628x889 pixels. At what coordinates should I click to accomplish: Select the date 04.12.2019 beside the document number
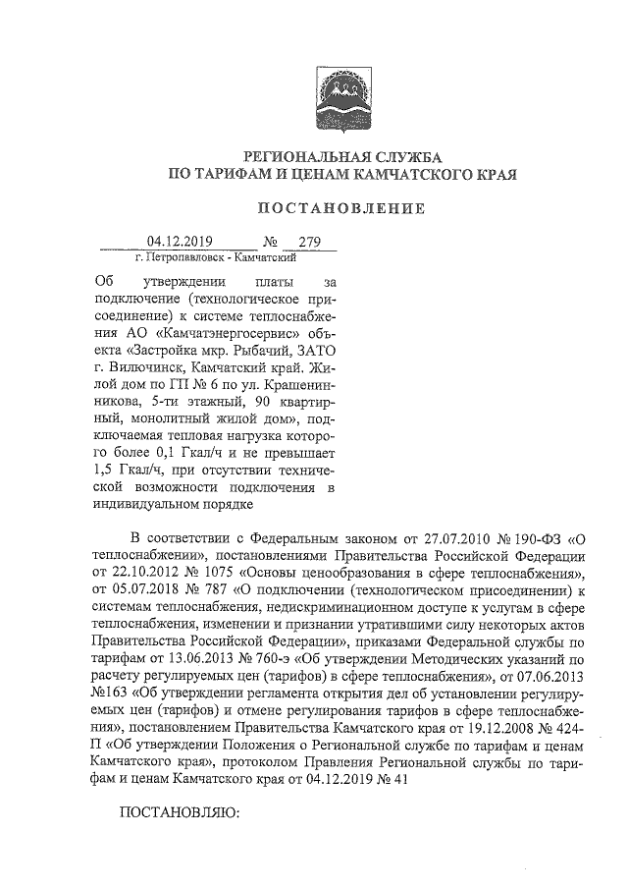[183, 242]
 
